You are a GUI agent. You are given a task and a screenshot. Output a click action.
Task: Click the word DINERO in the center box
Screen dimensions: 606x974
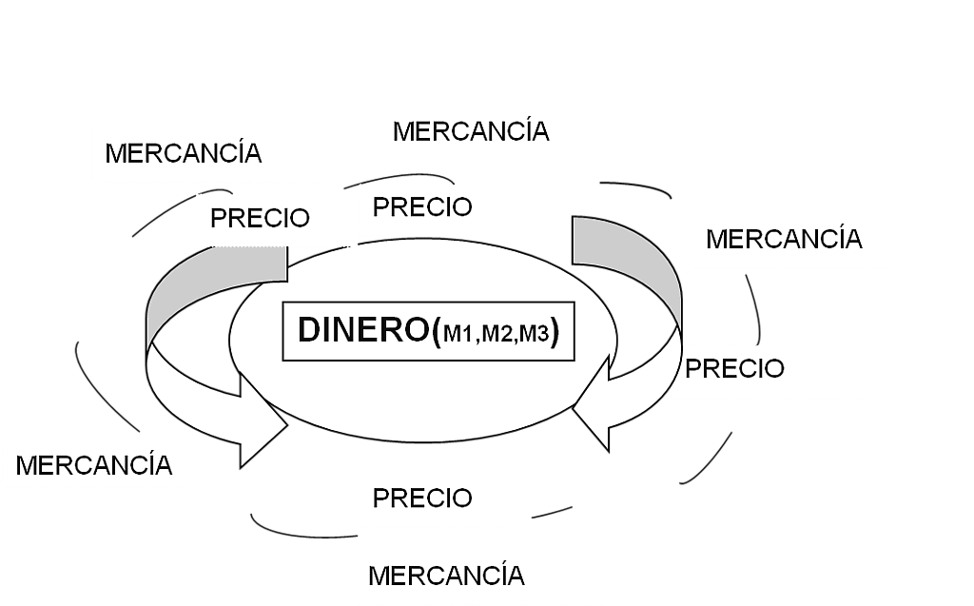(x=364, y=330)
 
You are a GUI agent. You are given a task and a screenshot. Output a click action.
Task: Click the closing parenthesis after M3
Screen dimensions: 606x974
(x=555, y=333)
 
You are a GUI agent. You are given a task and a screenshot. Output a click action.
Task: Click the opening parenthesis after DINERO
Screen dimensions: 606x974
(x=437, y=333)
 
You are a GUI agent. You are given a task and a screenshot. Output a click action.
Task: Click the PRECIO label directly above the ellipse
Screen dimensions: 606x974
(x=422, y=207)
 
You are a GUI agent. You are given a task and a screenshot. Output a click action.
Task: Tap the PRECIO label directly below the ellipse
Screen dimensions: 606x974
(x=422, y=498)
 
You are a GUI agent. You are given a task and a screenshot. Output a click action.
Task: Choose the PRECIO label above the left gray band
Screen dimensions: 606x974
(x=260, y=218)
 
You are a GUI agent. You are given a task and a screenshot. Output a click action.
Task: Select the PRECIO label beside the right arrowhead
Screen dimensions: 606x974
(x=734, y=368)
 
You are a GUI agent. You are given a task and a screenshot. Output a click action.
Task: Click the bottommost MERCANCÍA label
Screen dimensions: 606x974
(x=445, y=576)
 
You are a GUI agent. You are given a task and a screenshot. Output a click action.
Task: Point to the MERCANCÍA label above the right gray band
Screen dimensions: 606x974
(x=784, y=239)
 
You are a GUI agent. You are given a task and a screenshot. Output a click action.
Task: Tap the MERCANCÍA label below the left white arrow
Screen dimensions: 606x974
(x=94, y=465)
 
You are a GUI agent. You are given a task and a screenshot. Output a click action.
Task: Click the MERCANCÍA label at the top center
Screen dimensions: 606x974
(x=471, y=131)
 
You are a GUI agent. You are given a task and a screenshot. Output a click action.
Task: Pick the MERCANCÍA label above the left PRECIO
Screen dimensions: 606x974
(x=184, y=152)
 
